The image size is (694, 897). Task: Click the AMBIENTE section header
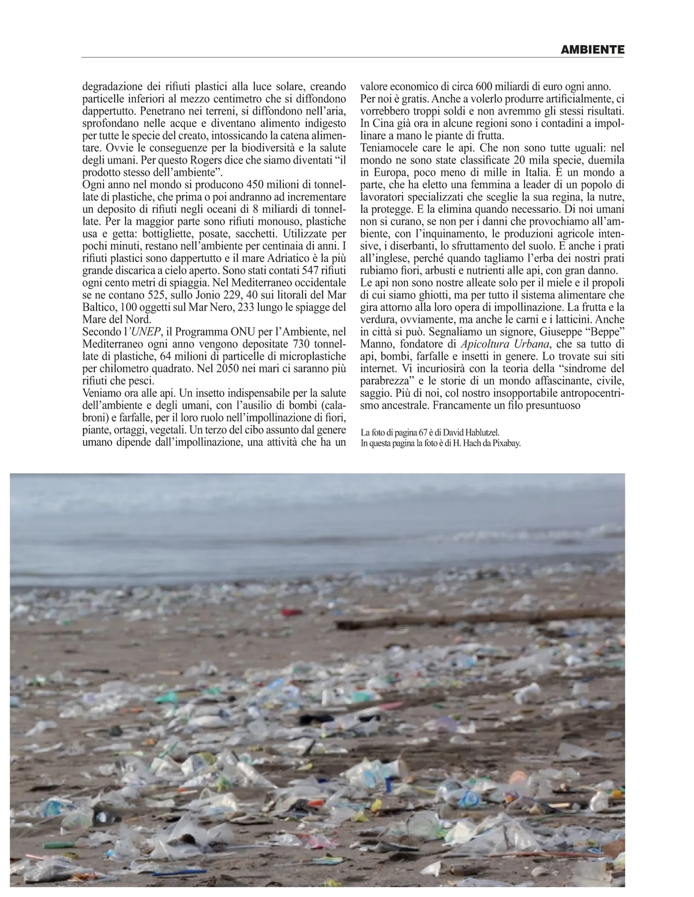tap(593, 50)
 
